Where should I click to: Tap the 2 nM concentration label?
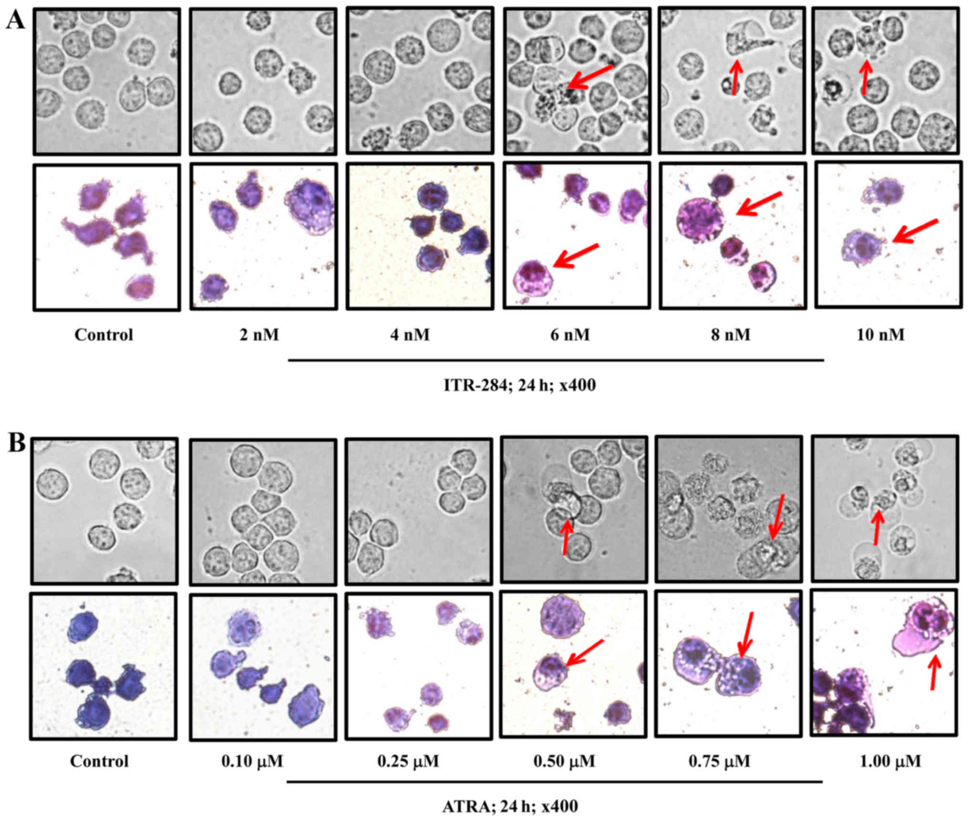pos(259,334)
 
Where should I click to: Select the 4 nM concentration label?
pos(410,334)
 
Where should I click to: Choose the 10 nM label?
pos(881,334)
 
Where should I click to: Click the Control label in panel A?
pos(104,334)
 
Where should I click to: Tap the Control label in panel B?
pos(99,760)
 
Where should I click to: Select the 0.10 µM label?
pos(252,760)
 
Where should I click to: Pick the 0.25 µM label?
pos(408,760)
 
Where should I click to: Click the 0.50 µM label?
pos(564,760)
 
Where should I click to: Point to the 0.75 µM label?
pos(719,760)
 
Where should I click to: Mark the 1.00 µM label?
pos(890,760)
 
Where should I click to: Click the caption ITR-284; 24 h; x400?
pos(520,385)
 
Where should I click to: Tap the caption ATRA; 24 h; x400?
pos(510,806)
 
